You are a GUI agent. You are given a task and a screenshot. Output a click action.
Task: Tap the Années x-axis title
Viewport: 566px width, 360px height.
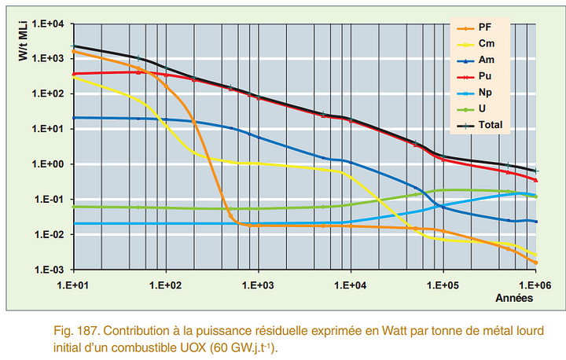click(514, 298)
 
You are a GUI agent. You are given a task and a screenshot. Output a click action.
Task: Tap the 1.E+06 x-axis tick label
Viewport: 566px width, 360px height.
click(536, 285)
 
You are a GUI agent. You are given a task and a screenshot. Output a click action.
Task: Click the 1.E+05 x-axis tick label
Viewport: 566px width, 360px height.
click(443, 285)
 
